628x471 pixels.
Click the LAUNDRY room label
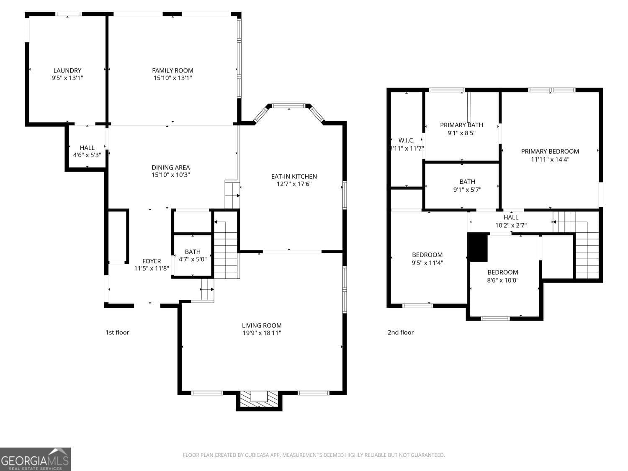coord(67,71)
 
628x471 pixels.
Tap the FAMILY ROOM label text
coord(172,71)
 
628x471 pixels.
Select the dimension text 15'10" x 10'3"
coord(171,175)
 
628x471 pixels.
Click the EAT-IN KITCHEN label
coord(294,176)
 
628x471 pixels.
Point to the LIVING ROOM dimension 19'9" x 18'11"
coord(262,333)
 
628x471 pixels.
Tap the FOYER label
coord(152,261)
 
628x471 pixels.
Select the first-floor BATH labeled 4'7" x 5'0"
coord(193,255)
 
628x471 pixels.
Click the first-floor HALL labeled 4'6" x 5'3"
coord(87,151)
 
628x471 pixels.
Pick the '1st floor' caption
coord(117,332)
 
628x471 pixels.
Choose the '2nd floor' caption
coord(401,332)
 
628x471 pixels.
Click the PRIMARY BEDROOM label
coord(550,151)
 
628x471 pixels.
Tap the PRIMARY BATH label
coord(461,125)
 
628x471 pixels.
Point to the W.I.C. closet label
coord(406,140)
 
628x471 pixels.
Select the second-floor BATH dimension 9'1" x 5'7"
coord(467,190)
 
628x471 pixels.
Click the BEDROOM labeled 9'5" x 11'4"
coord(427,259)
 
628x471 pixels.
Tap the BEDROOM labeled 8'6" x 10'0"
coord(502,276)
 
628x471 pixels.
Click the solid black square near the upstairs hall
coord(478,247)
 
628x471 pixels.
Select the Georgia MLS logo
coord(35,459)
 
